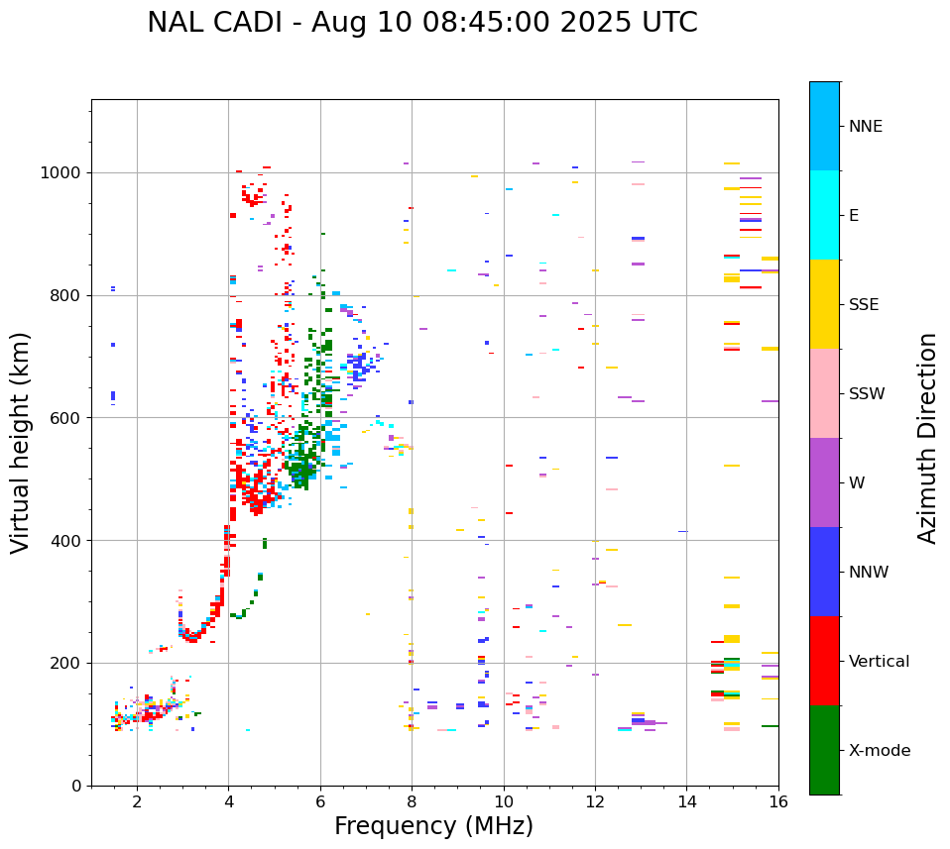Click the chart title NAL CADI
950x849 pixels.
pyautogui.click(x=421, y=23)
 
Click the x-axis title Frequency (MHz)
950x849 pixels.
pyautogui.click(x=433, y=826)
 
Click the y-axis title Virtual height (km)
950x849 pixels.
pyautogui.click(x=21, y=442)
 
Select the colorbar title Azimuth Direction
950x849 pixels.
pyautogui.click(x=927, y=438)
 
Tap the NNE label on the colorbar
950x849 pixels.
pyautogui.click(x=865, y=127)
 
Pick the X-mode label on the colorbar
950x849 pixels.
pyautogui.click(x=879, y=751)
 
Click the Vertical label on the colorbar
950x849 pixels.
pyautogui.click(x=880, y=662)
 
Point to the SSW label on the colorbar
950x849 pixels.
pyautogui.click(x=867, y=394)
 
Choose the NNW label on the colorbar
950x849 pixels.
pyautogui.click(x=869, y=573)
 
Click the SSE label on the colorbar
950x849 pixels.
pyautogui.click(x=864, y=305)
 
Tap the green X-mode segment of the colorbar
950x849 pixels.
pyautogui.click(x=824, y=750)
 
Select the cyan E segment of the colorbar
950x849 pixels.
pyautogui.click(x=824, y=215)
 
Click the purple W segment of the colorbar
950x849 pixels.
pyautogui.click(x=824, y=482)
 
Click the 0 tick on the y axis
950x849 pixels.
pyautogui.click(x=75, y=786)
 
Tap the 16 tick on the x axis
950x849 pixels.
pyautogui.click(x=778, y=801)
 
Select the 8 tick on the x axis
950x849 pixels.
pyautogui.click(x=412, y=801)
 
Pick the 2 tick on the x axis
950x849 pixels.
pyautogui.click(x=137, y=801)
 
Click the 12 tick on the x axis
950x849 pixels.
pyautogui.click(x=595, y=801)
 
